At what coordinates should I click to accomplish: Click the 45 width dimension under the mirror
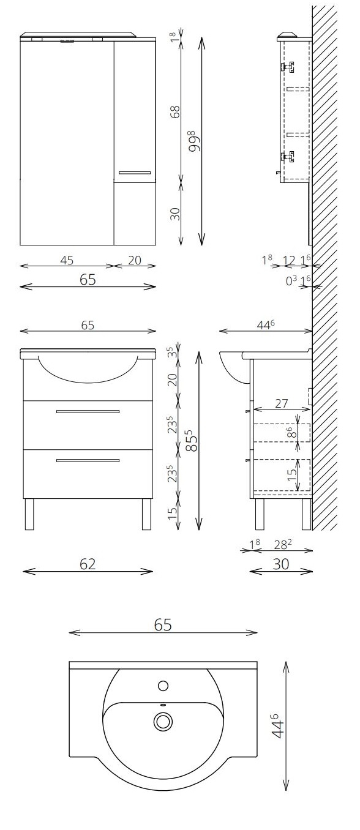click(67, 261)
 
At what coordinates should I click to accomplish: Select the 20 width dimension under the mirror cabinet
click(135, 261)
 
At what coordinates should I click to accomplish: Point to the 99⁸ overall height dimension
click(194, 141)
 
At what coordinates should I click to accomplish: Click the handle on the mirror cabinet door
click(135, 173)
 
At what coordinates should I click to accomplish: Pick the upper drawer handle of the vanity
click(88, 412)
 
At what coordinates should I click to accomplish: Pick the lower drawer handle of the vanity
click(88, 460)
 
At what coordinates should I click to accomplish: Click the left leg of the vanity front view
click(29, 514)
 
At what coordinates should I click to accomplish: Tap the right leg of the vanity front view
click(146, 514)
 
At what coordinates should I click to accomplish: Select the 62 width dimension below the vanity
click(88, 564)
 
